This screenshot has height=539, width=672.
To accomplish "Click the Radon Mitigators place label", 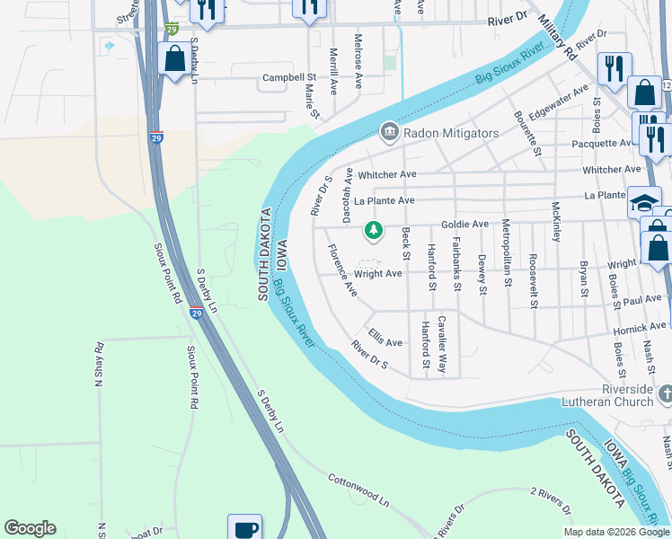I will click(x=450, y=133).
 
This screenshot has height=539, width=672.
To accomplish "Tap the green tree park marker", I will click(x=374, y=232).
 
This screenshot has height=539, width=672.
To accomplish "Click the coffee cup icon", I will click(x=244, y=528).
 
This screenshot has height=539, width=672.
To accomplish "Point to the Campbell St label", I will click(x=290, y=78).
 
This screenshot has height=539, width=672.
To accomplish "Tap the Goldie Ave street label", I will click(x=464, y=224).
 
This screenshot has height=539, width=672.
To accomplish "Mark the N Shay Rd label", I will click(x=100, y=366).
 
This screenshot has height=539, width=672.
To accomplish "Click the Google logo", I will click(x=30, y=529).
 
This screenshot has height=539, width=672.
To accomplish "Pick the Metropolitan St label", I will click(x=507, y=252).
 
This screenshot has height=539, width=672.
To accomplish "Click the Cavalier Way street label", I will click(x=442, y=344).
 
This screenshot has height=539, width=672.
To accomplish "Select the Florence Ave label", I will click(x=341, y=270).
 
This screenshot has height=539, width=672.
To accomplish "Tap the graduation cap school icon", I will click(x=644, y=202).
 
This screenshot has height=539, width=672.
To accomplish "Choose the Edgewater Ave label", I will click(x=559, y=102).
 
